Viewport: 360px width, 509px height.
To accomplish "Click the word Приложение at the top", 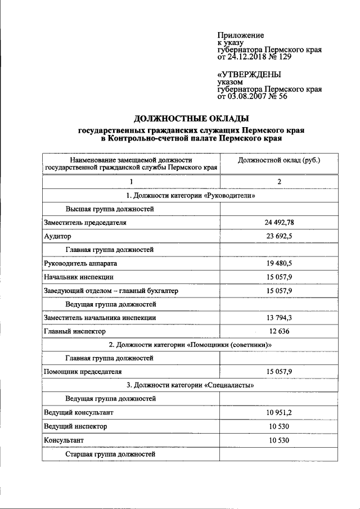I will pyautogui.click(x=240, y=35).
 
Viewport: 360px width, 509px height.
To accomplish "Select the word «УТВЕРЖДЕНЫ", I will pyautogui.click(x=249, y=74).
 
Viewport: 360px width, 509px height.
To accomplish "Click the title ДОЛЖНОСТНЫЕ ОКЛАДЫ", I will pyautogui.click(x=191, y=118).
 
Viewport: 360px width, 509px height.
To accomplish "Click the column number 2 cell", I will pyautogui.click(x=279, y=181).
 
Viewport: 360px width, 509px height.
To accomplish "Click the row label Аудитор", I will pyautogui.click(x=57, y=236).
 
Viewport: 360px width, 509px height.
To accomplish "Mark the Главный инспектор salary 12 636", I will pyautogui.click(x=279, y=331).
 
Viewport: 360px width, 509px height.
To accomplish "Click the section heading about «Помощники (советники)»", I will pyautogui.click(x=190, y=345).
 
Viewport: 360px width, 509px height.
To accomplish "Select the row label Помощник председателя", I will pyautogui.click(x=83, y=372).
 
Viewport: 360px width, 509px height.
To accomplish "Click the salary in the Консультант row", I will pyautogui.click(x=279, y=440).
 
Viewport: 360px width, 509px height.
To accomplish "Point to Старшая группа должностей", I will pyautogui.click(x=110, y=453).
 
